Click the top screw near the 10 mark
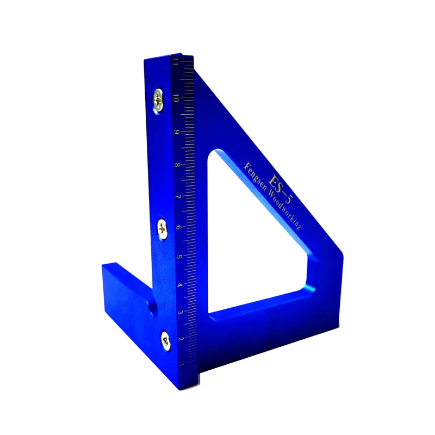[x=158, y=100]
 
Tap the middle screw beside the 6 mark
[x=162, y=229]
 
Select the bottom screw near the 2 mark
[x=166, y=341]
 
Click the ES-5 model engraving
[x=280, y=189]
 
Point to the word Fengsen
[x=255, y=176]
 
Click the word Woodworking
[x=284, y=210]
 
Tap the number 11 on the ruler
[x=175, y=61]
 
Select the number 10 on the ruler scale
[x=176, y=98]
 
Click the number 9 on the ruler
[x=176, y=132]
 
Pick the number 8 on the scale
[x=177, y=165]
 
